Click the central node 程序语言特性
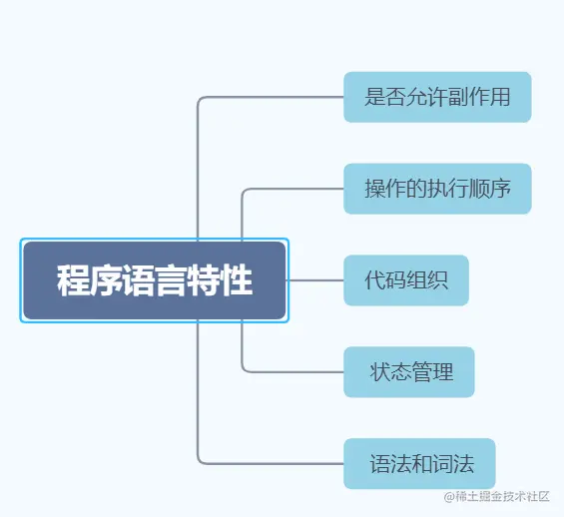click(155, 280)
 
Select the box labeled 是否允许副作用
click(437, 97)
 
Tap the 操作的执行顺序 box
click(437, 189)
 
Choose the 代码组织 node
click(406, 280)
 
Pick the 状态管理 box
click(409, 372)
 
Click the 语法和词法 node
click(419, 464)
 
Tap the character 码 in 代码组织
click(396, 280)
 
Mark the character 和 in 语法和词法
click(419, 464)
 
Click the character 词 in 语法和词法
click(440, 464)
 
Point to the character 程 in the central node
click(70, 280)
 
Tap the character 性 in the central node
click(239, 280)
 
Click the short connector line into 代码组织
click(315, 280)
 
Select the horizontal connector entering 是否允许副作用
click(275, 97)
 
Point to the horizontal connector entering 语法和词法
click(275, 464)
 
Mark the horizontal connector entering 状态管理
click(294, 372)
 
